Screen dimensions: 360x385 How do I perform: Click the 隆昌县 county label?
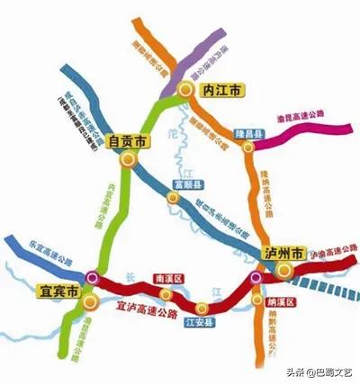pyautogui.click(x=249, y=133)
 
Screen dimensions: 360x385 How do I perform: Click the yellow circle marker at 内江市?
pyautogui.click(x=184, y=90)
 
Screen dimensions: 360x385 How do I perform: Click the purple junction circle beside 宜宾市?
pyautogui.click(x=91, y=277)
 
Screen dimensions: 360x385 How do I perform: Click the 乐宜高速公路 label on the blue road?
pyautogui.click(x=42, y=255)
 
